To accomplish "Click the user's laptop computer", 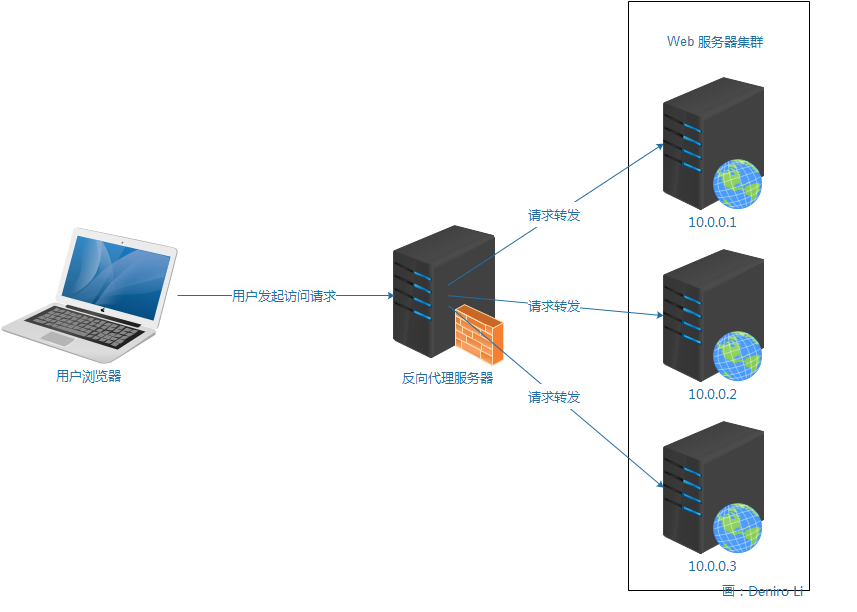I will click(x=90, y=290).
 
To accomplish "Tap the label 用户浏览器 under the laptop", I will click(x=88, y=377).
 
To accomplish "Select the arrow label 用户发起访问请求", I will click(x=284, y=296).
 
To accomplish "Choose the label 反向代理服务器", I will click(x=447, y=378).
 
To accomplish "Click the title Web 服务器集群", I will click(x=715, y=42).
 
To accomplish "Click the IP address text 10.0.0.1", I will click(x=711, y=222).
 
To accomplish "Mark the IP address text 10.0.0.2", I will click(x=711, y=394).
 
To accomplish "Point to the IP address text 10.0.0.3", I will click(x=711, y=567).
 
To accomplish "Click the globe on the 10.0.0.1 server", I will click(x=737, y=184).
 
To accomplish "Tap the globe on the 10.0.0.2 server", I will click(x=737, y=356).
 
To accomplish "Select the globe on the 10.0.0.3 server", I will click(x=737, y=528).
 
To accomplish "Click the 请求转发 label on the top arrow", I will click(x=554, y=215).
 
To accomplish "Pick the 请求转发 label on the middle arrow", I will click(x=554, y=306).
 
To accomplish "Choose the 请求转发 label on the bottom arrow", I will click(x=554, y=397).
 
